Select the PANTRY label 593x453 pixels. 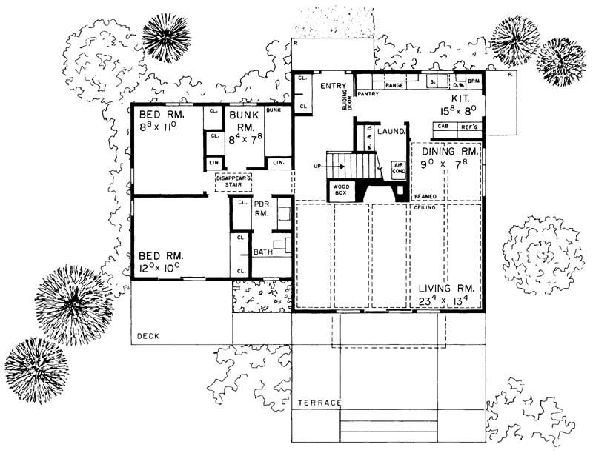pos(368,95)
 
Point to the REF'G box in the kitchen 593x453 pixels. pos(468,127)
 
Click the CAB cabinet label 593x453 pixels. pos(443,127)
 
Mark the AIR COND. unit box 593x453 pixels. pos(398,169)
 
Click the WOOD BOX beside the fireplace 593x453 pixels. pos(342,190)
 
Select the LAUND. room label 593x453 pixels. pos(390,132)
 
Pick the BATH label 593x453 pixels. pos(263,252)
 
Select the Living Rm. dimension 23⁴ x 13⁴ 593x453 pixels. pos(444,299)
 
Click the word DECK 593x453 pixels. pos(149,337)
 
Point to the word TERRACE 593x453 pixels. pos(319,403)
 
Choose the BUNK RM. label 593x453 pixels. pos(243,121)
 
